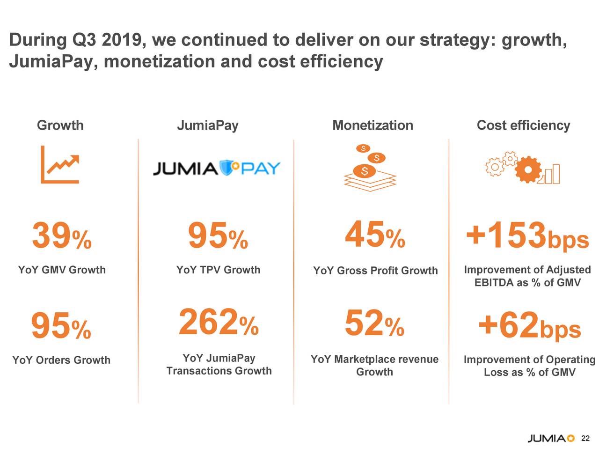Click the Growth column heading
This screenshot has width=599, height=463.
pyautogui.click(x=60, y=125)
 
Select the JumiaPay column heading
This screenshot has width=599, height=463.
pyautogui.click(x=207, y=125)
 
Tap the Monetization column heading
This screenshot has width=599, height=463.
pyautogui.click(x=373, y=125)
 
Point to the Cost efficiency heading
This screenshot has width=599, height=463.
pyautogui.click(x=523, y=125)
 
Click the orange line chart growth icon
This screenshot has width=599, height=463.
pyautogui.click(x=60, y=164)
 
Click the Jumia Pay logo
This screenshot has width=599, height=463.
pyautogui.click(x=217, y=168)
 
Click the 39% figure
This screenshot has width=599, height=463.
pyautogui.click(x=61, y=236)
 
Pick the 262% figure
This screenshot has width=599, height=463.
pyautogui.click(x=218, y=323)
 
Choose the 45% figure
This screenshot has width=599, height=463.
pyautogui.click(x=374, y=235)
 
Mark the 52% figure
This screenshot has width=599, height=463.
pyautogui.click(x=374, y=324)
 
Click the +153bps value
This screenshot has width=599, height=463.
pyautogui.click(x=527, y=236)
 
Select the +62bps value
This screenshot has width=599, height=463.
pyautogui.click(x=529, y=326)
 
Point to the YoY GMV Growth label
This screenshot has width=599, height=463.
pyautogui.click(x=62, y=270)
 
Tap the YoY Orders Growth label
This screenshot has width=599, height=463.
pyautogui.click(x=61, y=360)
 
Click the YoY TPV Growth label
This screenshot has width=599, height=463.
pyautogui.click(x=218, y=270)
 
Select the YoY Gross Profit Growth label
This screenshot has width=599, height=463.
pyautogui.click(x=375, y=271)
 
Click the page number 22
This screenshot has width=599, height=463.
pyautogui.click(x=585, y=439)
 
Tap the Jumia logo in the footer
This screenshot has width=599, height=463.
pyautogui.click(x=551, y=439)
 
